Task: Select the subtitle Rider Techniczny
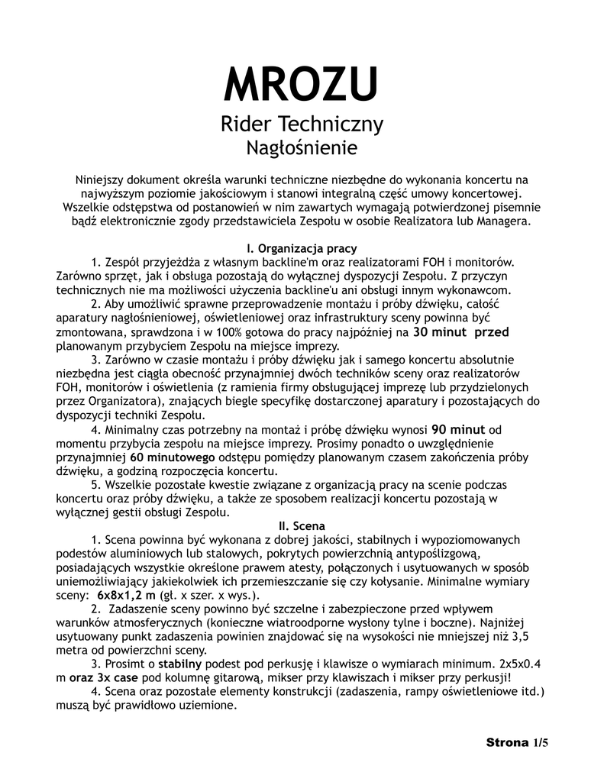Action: (302, 124)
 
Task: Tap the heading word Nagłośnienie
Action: (302, 145)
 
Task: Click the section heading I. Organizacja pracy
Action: (302, 248)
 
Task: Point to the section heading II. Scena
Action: (302, 525)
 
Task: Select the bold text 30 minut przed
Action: (461, 332)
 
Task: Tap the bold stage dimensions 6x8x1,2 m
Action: (126, 595)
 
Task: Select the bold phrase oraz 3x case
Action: (102, 678)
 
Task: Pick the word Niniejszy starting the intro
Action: (101, 179)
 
